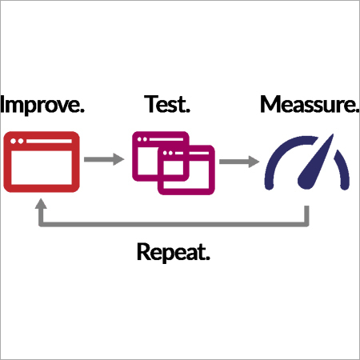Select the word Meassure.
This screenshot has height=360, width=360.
pyautogui.click(x=307, y=106)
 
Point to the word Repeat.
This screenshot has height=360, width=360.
pyautogui.click(x=174, y=254)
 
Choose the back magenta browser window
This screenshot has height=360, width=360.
pyautogui.click(x=149, y=148)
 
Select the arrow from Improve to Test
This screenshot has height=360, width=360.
pyautogui.click(x=104, y=160)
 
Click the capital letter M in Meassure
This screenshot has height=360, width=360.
pyautogui.click(x=271, y=106)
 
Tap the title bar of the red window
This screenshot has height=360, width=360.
pyautogui.click(x=42, y=140)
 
